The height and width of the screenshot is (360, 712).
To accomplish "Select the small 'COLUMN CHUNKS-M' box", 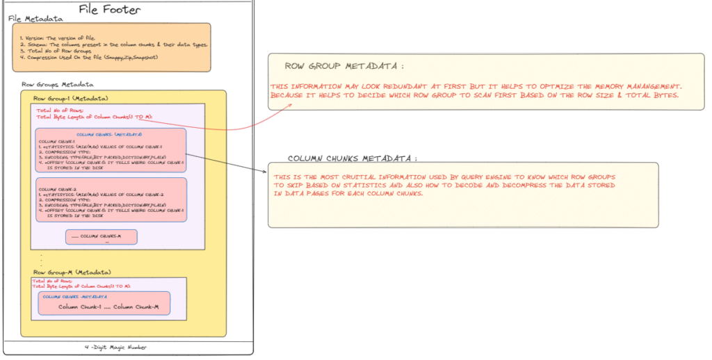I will pyautogui.click(x=102, y=236).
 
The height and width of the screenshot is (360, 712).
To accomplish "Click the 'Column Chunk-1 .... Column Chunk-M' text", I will pyautogui.click(x=108, y=306).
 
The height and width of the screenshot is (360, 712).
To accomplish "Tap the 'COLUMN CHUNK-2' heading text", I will pyautogui.click(x=55, y=188).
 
